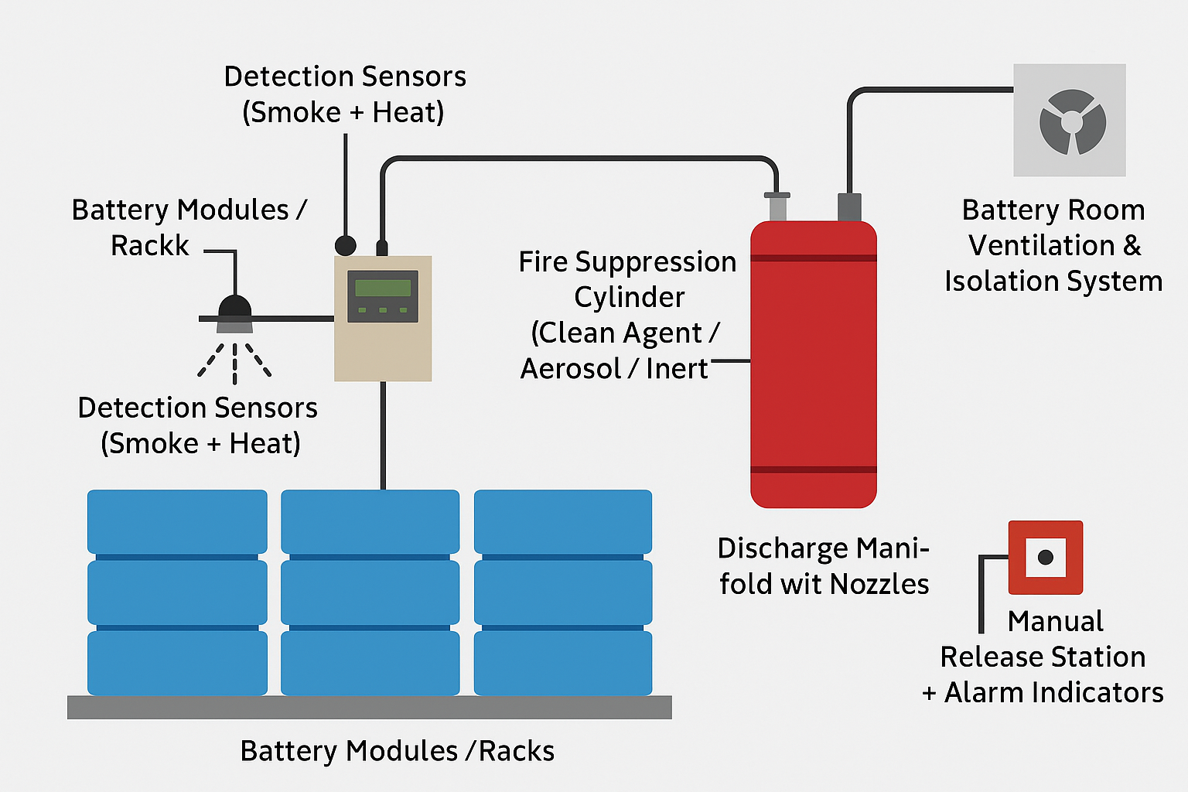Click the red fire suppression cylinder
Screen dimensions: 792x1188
(813, 364)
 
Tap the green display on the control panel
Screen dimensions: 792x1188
(383, 288)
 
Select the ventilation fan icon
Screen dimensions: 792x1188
(1072, 121)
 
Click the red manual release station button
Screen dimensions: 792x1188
(1045, 557)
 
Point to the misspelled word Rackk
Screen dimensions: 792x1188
(149, 246)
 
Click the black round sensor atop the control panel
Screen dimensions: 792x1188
(345, 246)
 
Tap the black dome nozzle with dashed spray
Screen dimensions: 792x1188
(234, 309)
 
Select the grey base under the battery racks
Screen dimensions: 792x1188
(369, 707)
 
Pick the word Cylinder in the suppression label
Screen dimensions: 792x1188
(629, 298)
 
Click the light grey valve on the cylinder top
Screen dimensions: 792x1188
(777, 207)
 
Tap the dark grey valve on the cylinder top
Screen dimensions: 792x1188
(849, 207)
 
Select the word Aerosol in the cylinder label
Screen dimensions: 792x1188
(570, 369)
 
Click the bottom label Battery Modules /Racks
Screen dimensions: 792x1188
(397, 751)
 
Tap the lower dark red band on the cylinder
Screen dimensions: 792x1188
(813, 469)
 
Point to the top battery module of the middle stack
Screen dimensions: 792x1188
(370, 521)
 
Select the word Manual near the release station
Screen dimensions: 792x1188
(1055, 621)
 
